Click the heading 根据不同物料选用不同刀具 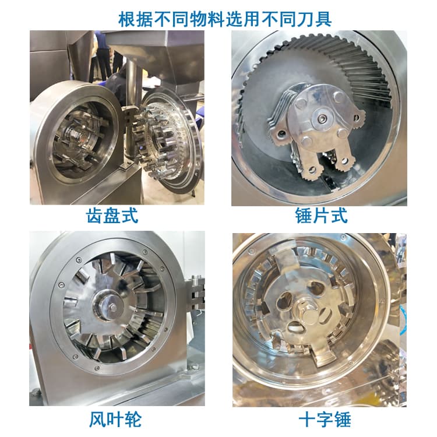tap(225, 19)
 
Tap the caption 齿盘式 tap(112, 216)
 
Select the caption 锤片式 tap(321, 216)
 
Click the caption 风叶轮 tap(115, 419)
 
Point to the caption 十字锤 tap(325, 419)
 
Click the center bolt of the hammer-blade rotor tap(322, 119)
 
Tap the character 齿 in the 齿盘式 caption tap(94, 216)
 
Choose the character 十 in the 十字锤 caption tap(307, 419)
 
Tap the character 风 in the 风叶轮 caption tap(98, 419)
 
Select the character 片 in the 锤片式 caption tap(321, 216)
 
